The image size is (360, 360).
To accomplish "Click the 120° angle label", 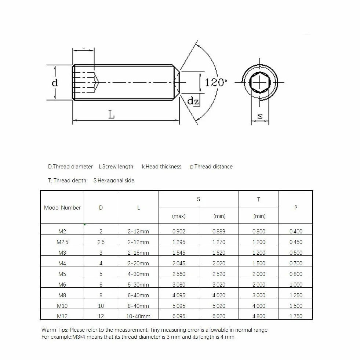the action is (x=215, y=83).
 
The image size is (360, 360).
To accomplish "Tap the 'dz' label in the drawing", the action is (x=193, y=101).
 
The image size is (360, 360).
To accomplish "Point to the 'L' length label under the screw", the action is (x=111, y=114).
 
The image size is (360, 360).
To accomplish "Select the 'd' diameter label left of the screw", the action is (x=55, y=83).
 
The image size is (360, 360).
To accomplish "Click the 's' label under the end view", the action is (x=260, y=116).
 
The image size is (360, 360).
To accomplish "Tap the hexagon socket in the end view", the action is (x=260, y=83).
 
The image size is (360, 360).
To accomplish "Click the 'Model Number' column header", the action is (x=62, y=208).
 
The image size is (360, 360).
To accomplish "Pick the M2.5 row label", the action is (x=62, y=242).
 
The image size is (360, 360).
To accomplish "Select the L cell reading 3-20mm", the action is (x=138, y=263).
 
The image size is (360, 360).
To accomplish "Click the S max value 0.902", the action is (x=179, y=232).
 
